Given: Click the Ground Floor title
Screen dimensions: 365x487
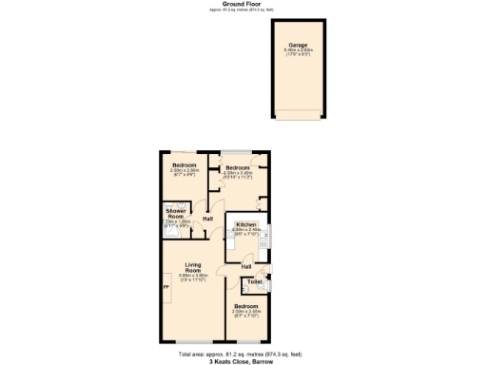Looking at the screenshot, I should [x=243, y=4].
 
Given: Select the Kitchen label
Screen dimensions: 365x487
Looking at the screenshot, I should [x=245, y=224].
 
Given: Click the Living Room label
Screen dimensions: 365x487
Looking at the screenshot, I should [x=193, y=267].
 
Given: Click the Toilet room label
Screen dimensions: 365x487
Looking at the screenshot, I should [x=254, y=282].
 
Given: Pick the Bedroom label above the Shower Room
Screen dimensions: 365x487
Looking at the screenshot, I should [x=184, y=164].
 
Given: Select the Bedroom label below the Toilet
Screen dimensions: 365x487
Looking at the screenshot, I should [x=246, y=306].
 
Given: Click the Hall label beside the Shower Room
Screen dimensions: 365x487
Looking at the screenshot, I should [x=207, y=219].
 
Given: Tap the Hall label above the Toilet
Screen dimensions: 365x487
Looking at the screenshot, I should [x=233, y=267].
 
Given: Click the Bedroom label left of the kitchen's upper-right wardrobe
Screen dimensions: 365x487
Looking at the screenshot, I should [x=236, y=169].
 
